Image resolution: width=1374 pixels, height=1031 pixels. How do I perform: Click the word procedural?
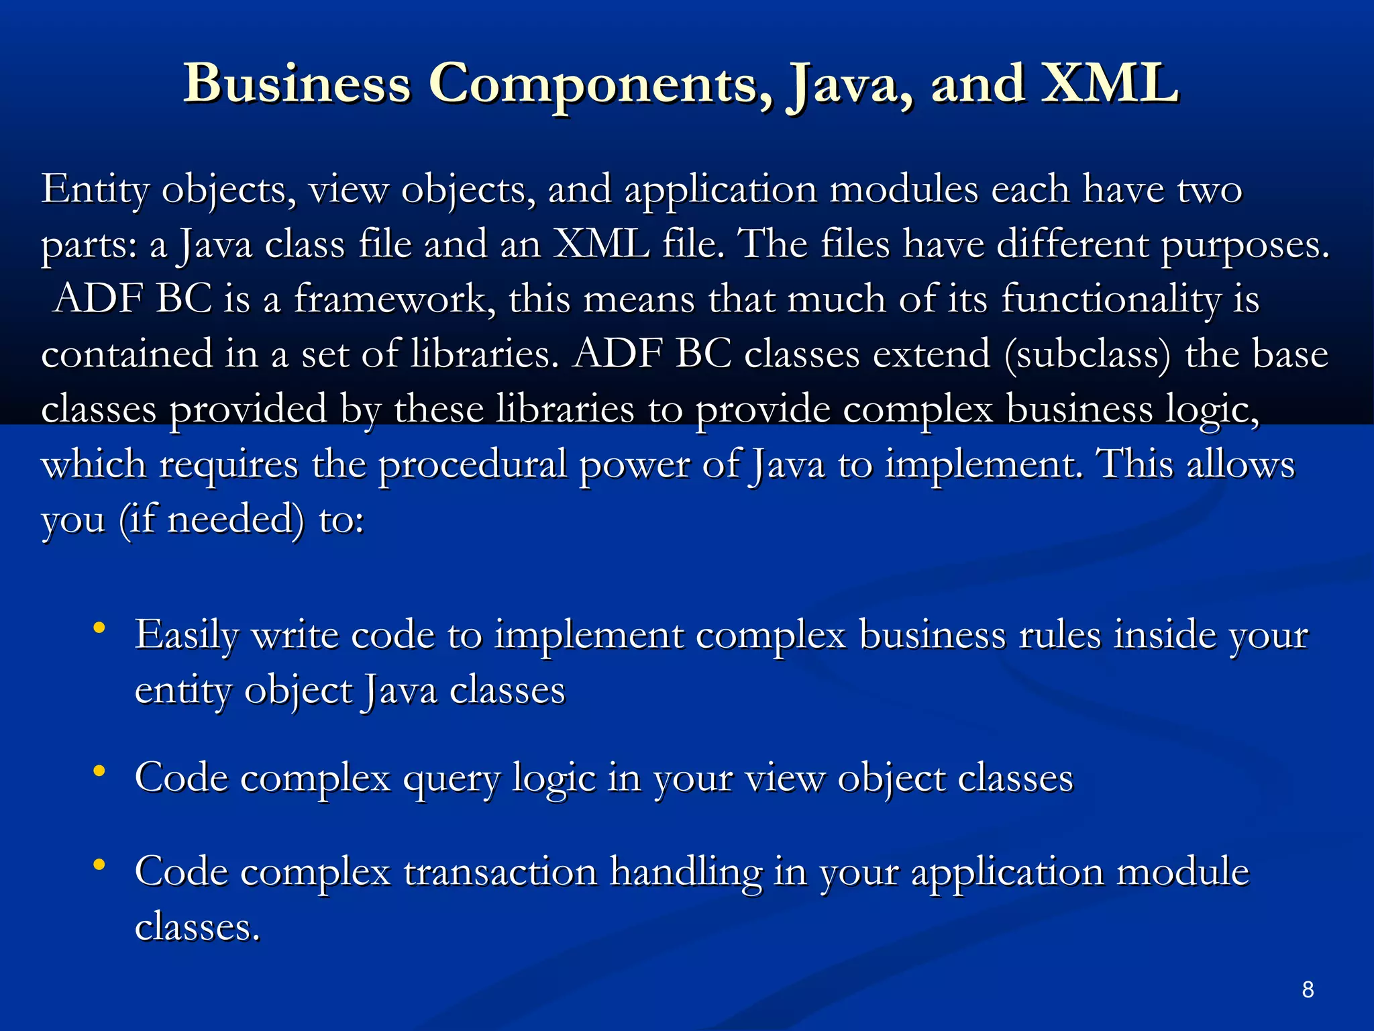pos(472,464)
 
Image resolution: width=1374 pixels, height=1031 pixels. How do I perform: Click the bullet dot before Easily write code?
pos(99,628)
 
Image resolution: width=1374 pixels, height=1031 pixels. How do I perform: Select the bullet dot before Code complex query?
pos(99,772)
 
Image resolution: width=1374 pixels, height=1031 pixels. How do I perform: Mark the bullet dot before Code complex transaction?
pos(99,865)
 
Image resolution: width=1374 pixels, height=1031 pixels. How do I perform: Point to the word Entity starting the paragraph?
pos(95,190)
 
